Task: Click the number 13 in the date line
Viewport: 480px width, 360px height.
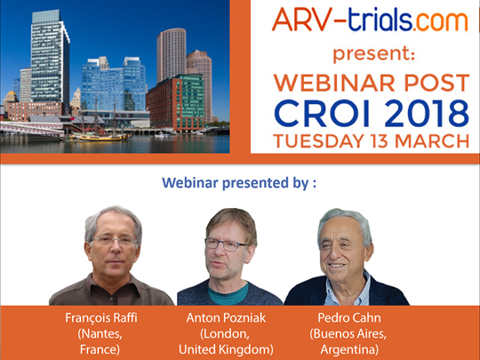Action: tap(380, 140)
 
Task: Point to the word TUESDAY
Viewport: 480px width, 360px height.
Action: tap(319, 140)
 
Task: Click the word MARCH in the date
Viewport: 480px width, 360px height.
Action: tap(432, 140)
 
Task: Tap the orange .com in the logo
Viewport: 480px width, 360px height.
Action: tap(440, 21)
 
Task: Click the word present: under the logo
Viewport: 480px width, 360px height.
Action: tap(373, 54)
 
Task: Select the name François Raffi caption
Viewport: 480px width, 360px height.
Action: tap(101, 318)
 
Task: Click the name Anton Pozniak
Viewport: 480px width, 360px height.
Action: tap(226, 318)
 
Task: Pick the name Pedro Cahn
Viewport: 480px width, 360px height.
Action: tap(349, 318)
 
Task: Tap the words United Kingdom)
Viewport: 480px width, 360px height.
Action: tap(226, 349)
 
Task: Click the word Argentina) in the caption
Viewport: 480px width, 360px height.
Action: tap(349, 349)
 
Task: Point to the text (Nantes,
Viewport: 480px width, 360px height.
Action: tap(100, 333)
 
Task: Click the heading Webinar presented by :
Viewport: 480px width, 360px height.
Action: tap(239, 183)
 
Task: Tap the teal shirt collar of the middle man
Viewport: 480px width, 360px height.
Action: tap(228, 294)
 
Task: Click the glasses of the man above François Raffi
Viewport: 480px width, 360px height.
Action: tap(114, 241)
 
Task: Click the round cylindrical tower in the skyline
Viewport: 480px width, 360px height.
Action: tap(172, 55)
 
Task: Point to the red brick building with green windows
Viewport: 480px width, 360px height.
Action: tap(175, 102)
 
